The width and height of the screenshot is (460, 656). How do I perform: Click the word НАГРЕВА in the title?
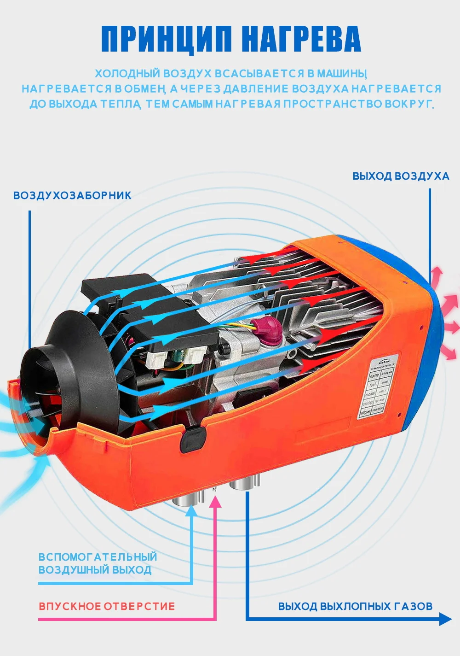[x=301, y=39]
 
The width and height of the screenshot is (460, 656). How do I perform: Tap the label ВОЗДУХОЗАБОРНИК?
[x=72, y=195]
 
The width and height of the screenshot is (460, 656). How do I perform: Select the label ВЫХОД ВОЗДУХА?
[x=401, y=176]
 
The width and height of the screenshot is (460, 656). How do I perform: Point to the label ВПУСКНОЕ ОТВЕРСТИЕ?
[x=107, y=606]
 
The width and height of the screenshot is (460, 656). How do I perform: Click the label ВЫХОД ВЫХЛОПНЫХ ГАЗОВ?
[x=355, y=606]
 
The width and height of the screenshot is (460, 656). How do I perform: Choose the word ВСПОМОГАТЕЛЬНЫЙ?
[x=98, y=557]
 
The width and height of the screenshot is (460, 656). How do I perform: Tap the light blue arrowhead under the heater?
[x=191, y=510]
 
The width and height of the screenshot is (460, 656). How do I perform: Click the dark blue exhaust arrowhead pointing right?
[x=445, y=619]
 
